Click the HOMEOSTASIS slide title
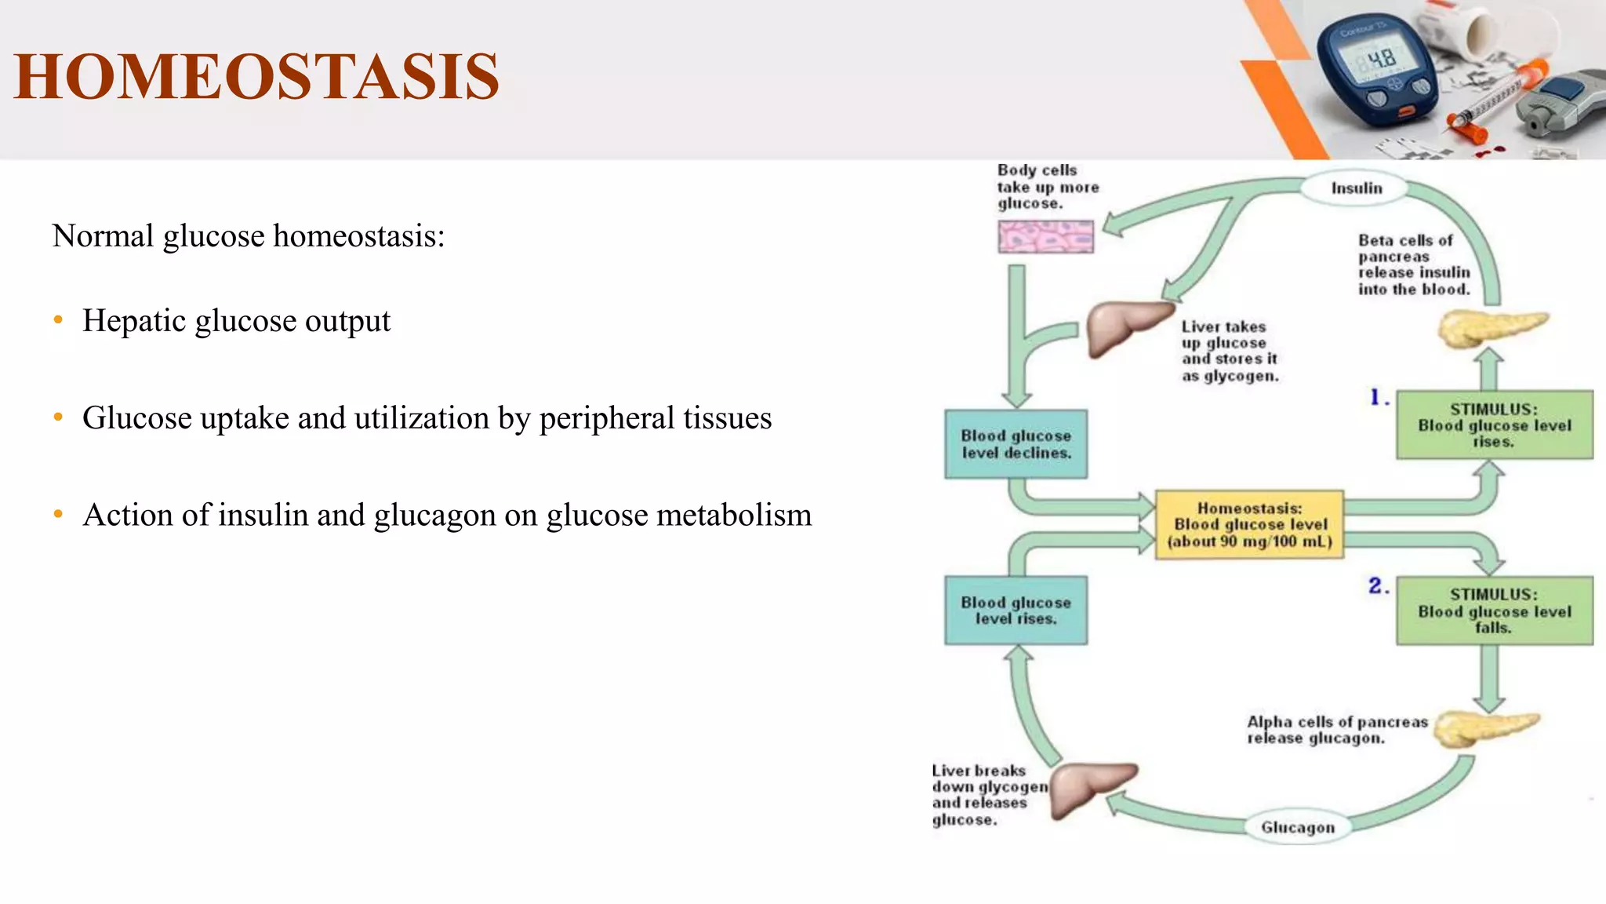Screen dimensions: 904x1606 [x=256, y=77]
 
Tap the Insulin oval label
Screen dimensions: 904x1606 [x=1356, y=188]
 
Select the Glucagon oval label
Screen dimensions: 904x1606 [x=1297, y=827]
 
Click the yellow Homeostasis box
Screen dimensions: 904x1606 [x=1249, y=524]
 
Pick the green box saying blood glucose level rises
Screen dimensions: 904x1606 [x=1494, y=425]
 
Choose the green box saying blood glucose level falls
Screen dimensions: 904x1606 [x=1494, y=611]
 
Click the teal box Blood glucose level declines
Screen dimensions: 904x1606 [x=1016, y=444]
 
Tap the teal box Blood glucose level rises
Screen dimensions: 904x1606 [x=1016, y=611]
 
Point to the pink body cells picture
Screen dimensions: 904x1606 [x=1045, y=236]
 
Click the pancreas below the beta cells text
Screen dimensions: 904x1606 [x=1490, y=328]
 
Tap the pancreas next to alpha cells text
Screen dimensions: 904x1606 [x=1482, y=729]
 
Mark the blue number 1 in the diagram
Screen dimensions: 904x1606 [x=1375, y=397]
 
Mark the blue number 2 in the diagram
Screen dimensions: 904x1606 [x=1375, y=585]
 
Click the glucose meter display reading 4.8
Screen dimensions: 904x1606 [x=1381, y=59]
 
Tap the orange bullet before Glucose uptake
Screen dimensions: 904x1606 [x=58, y=417]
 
